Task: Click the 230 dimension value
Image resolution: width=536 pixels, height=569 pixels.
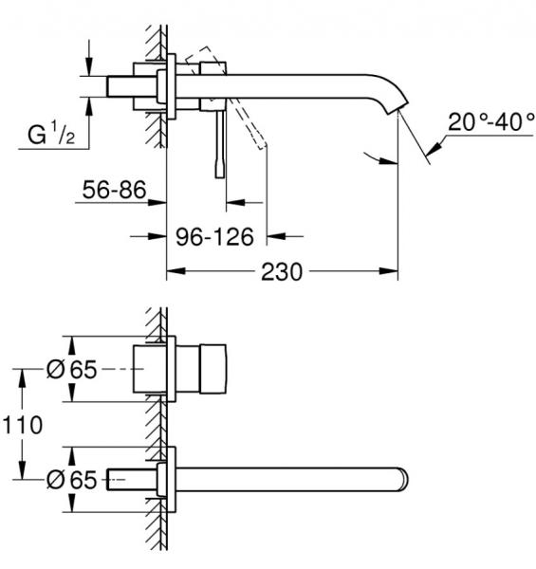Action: coord(282,271)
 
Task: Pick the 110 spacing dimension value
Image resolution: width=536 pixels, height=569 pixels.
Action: coord(22,426)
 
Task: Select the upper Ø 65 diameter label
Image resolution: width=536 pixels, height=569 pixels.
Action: coord(72,371)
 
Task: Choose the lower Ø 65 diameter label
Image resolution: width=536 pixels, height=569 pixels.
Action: coord(72,480)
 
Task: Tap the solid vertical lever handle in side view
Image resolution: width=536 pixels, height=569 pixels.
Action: coord(223,142)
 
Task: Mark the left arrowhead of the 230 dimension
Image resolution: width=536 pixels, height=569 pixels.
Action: coord(175,271)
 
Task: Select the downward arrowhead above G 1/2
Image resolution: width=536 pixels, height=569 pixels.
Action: coord(89,69)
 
